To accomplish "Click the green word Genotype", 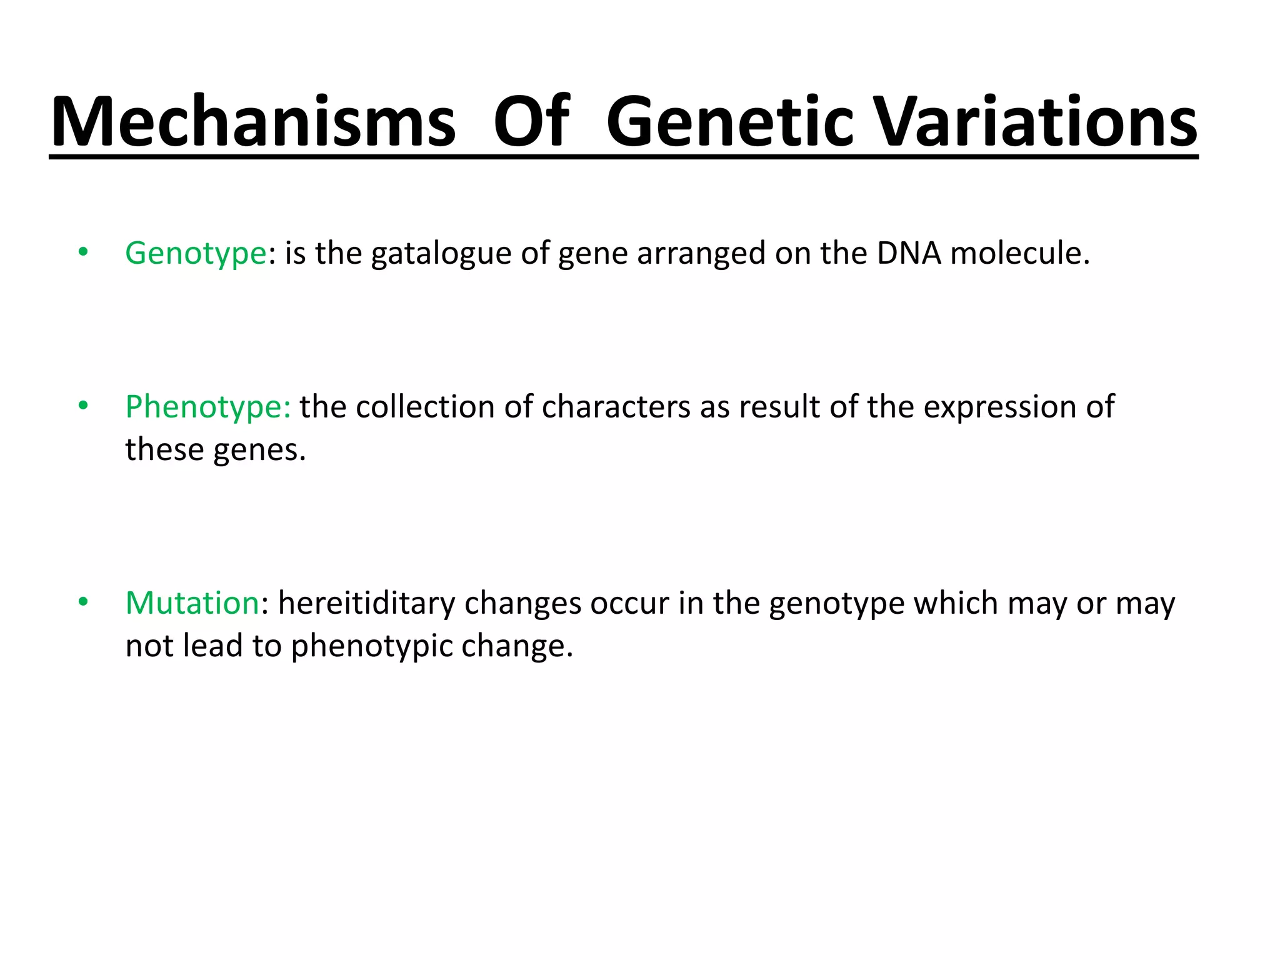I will [x=196, y=254].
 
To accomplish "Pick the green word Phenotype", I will [x=207, y=407].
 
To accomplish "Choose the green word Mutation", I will [x=192, y=604].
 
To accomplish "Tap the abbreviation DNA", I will [x=909, y=253].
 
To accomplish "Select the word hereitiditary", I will [x=367, y=604].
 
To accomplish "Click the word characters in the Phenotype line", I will [x=616, y=407].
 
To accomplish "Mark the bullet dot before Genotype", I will [x=83, y=252].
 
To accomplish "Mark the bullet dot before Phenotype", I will [x=83, y=406].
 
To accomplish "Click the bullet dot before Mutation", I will [x=83, y=602].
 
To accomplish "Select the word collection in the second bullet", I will [x=425, y=407].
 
